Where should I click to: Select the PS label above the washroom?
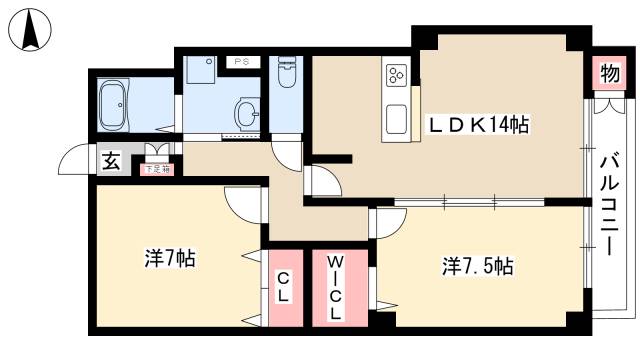(241, 62)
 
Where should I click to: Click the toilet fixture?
(285, 75)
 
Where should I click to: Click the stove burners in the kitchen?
(396, 75)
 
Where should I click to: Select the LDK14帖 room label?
(478, 125)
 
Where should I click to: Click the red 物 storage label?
(607, 73)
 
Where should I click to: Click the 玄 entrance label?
(111, 161)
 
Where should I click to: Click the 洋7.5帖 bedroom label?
(478, 267)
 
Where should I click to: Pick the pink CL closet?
(284, 287)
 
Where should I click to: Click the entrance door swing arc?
(74, 160)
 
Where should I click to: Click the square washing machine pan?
(200, 73)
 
